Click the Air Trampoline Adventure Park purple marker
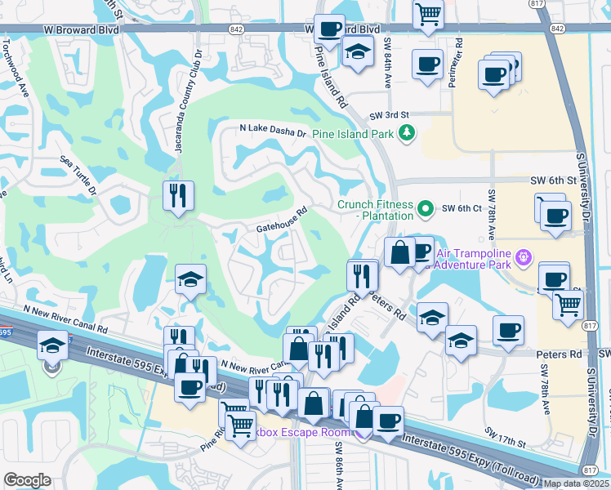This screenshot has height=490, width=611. point(524,258)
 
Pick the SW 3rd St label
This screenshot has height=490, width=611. point(387,116)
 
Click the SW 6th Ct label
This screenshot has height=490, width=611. point(459,208)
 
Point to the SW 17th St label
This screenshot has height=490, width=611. point(505,437)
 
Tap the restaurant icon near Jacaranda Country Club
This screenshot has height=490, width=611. point(178,196)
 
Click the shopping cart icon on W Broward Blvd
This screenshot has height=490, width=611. point(428,14)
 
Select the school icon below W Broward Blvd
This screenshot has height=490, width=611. point(358,52)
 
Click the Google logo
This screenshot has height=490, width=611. point(27,480)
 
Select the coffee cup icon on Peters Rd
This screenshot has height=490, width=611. point(508,331)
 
